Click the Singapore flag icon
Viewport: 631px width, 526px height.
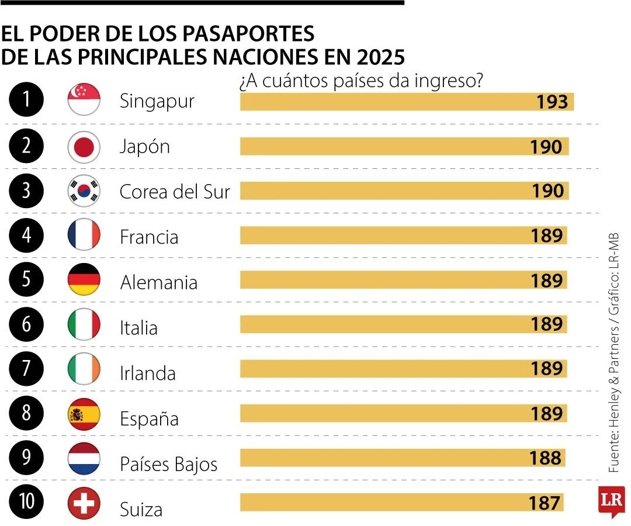tap(84, 99)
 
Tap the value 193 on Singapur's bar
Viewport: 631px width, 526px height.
tap(552, 102)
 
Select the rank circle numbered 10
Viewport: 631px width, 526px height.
tap(26, 504)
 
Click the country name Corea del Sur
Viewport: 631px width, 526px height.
tap(175, 192)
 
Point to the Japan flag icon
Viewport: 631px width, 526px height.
tap(84, 146)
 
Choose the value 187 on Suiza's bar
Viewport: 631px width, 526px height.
tap(545, 503)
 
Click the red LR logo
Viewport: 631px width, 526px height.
tap(611, 500)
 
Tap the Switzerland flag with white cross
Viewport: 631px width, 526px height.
tap(84, 504)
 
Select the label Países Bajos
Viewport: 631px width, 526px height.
tap(168, 464)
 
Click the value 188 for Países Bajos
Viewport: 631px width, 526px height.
tap(546, 458)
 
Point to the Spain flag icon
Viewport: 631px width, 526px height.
tap(84, 414)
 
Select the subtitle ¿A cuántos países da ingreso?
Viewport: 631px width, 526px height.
tap(360, 81)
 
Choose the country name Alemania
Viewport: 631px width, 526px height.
tap(158, 282)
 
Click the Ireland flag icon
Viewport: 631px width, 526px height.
tap(84, 369)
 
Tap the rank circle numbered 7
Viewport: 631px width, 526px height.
tap(26, 369)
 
